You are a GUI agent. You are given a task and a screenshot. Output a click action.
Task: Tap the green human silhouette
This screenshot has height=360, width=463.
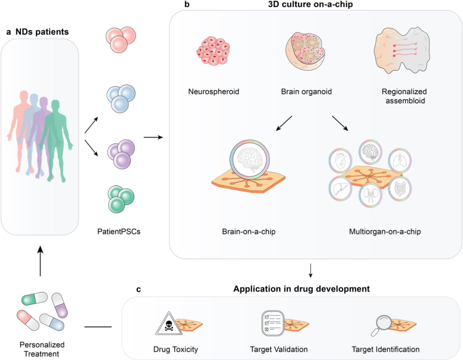coord(56,137)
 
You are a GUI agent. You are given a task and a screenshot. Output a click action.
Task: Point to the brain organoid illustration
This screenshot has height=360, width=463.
coord(306,54)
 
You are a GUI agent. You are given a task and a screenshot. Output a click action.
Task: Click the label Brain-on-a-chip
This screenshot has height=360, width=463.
coord(249,232)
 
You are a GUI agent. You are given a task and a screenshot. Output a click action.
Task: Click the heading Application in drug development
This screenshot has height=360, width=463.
coord(301,289)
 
